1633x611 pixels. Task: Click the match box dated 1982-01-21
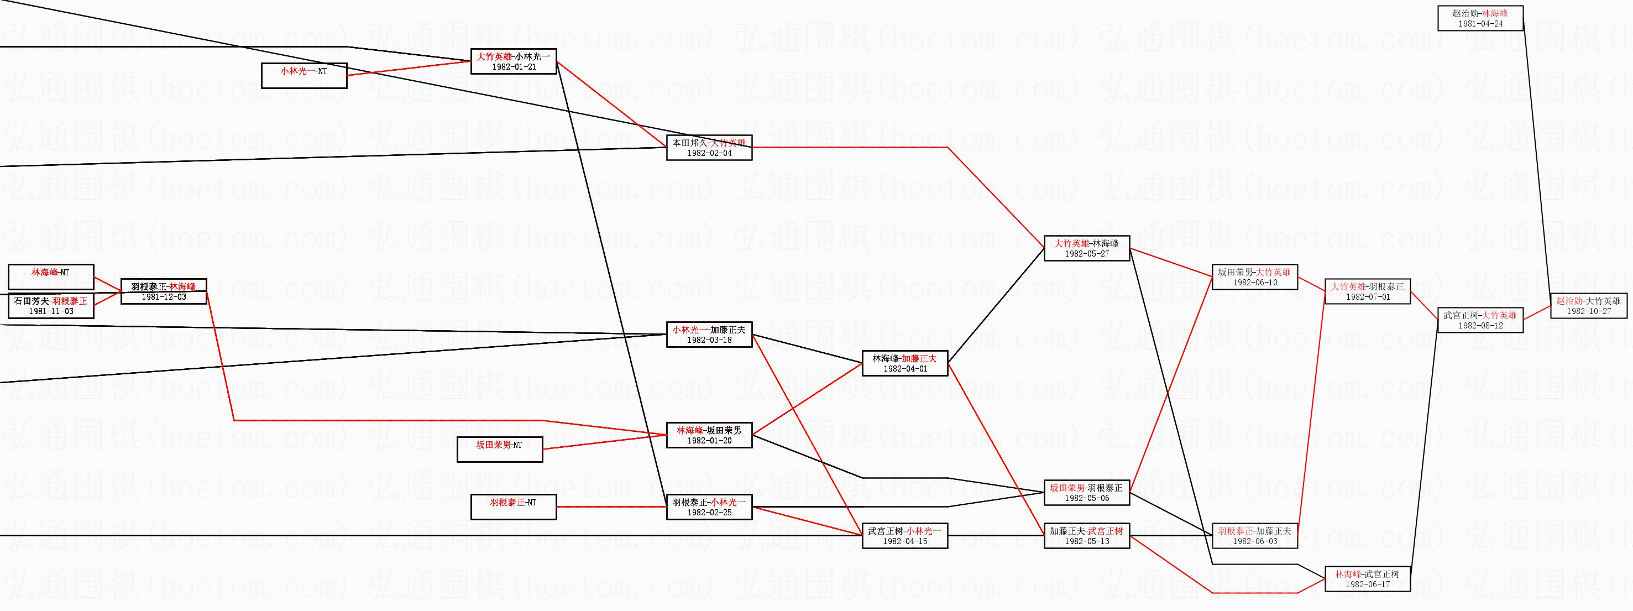(x=514, y=61)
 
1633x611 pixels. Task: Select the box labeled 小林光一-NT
(x=304, y=75)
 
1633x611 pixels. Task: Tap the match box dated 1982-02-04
(x=709, y=148)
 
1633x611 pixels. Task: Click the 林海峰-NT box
(x=51, y=277)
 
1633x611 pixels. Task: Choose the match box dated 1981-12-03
(x=164, y=291)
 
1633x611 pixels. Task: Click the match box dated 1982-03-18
(x=709, y=335)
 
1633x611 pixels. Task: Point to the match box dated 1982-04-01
(x=904, y=363)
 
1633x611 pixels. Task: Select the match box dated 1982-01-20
(x=709, y=435)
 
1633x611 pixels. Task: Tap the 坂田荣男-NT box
(x=500, y=450)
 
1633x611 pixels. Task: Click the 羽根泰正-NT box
(x=514, y=507)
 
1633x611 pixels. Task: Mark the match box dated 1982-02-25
(x=709, y=507)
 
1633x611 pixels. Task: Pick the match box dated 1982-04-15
(x=904, y=536)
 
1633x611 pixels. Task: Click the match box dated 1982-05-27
(x=1087, y=248)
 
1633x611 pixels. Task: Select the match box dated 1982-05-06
(x=1087, y=493)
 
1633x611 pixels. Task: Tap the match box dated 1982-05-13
(x=1087, y=536)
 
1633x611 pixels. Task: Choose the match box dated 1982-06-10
(x=1254, y=277)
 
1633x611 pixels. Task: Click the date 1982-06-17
(x=1368, y=584)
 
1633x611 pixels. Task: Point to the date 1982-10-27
(x=1589, y=311)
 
